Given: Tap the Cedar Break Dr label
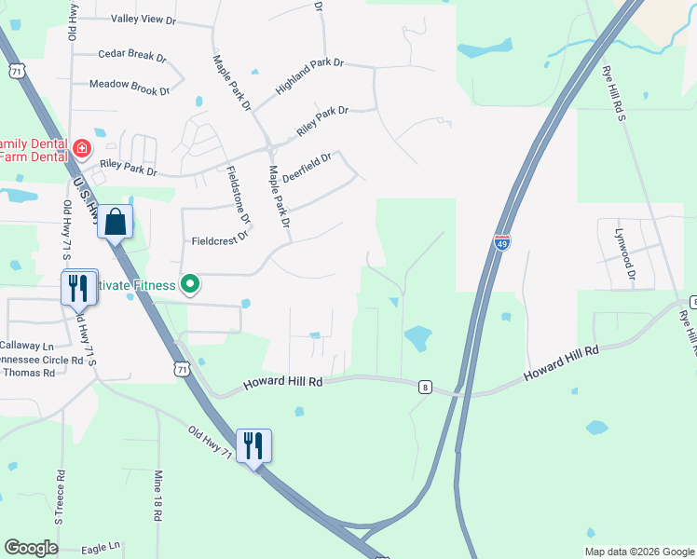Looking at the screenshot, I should coord(131,56).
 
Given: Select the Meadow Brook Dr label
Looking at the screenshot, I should coord(130,85).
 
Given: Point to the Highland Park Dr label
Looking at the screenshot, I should coord(310,77).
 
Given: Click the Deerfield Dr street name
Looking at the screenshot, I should coord(307,170).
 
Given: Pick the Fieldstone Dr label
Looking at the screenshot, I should coord(239,195).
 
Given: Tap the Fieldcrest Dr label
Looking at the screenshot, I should coord(220,239).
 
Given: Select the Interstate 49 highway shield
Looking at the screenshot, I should coord(502,243).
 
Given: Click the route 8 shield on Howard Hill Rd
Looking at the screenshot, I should coord(425,387).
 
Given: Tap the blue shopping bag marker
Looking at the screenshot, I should coord(116,224).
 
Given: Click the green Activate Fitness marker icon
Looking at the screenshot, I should coord(190,284).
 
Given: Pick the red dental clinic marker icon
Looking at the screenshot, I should coord(82,148).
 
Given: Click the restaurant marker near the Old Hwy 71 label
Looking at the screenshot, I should coord(253,446).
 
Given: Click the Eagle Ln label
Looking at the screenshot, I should coord(102,546).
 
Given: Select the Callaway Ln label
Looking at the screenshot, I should coord(28,345).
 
